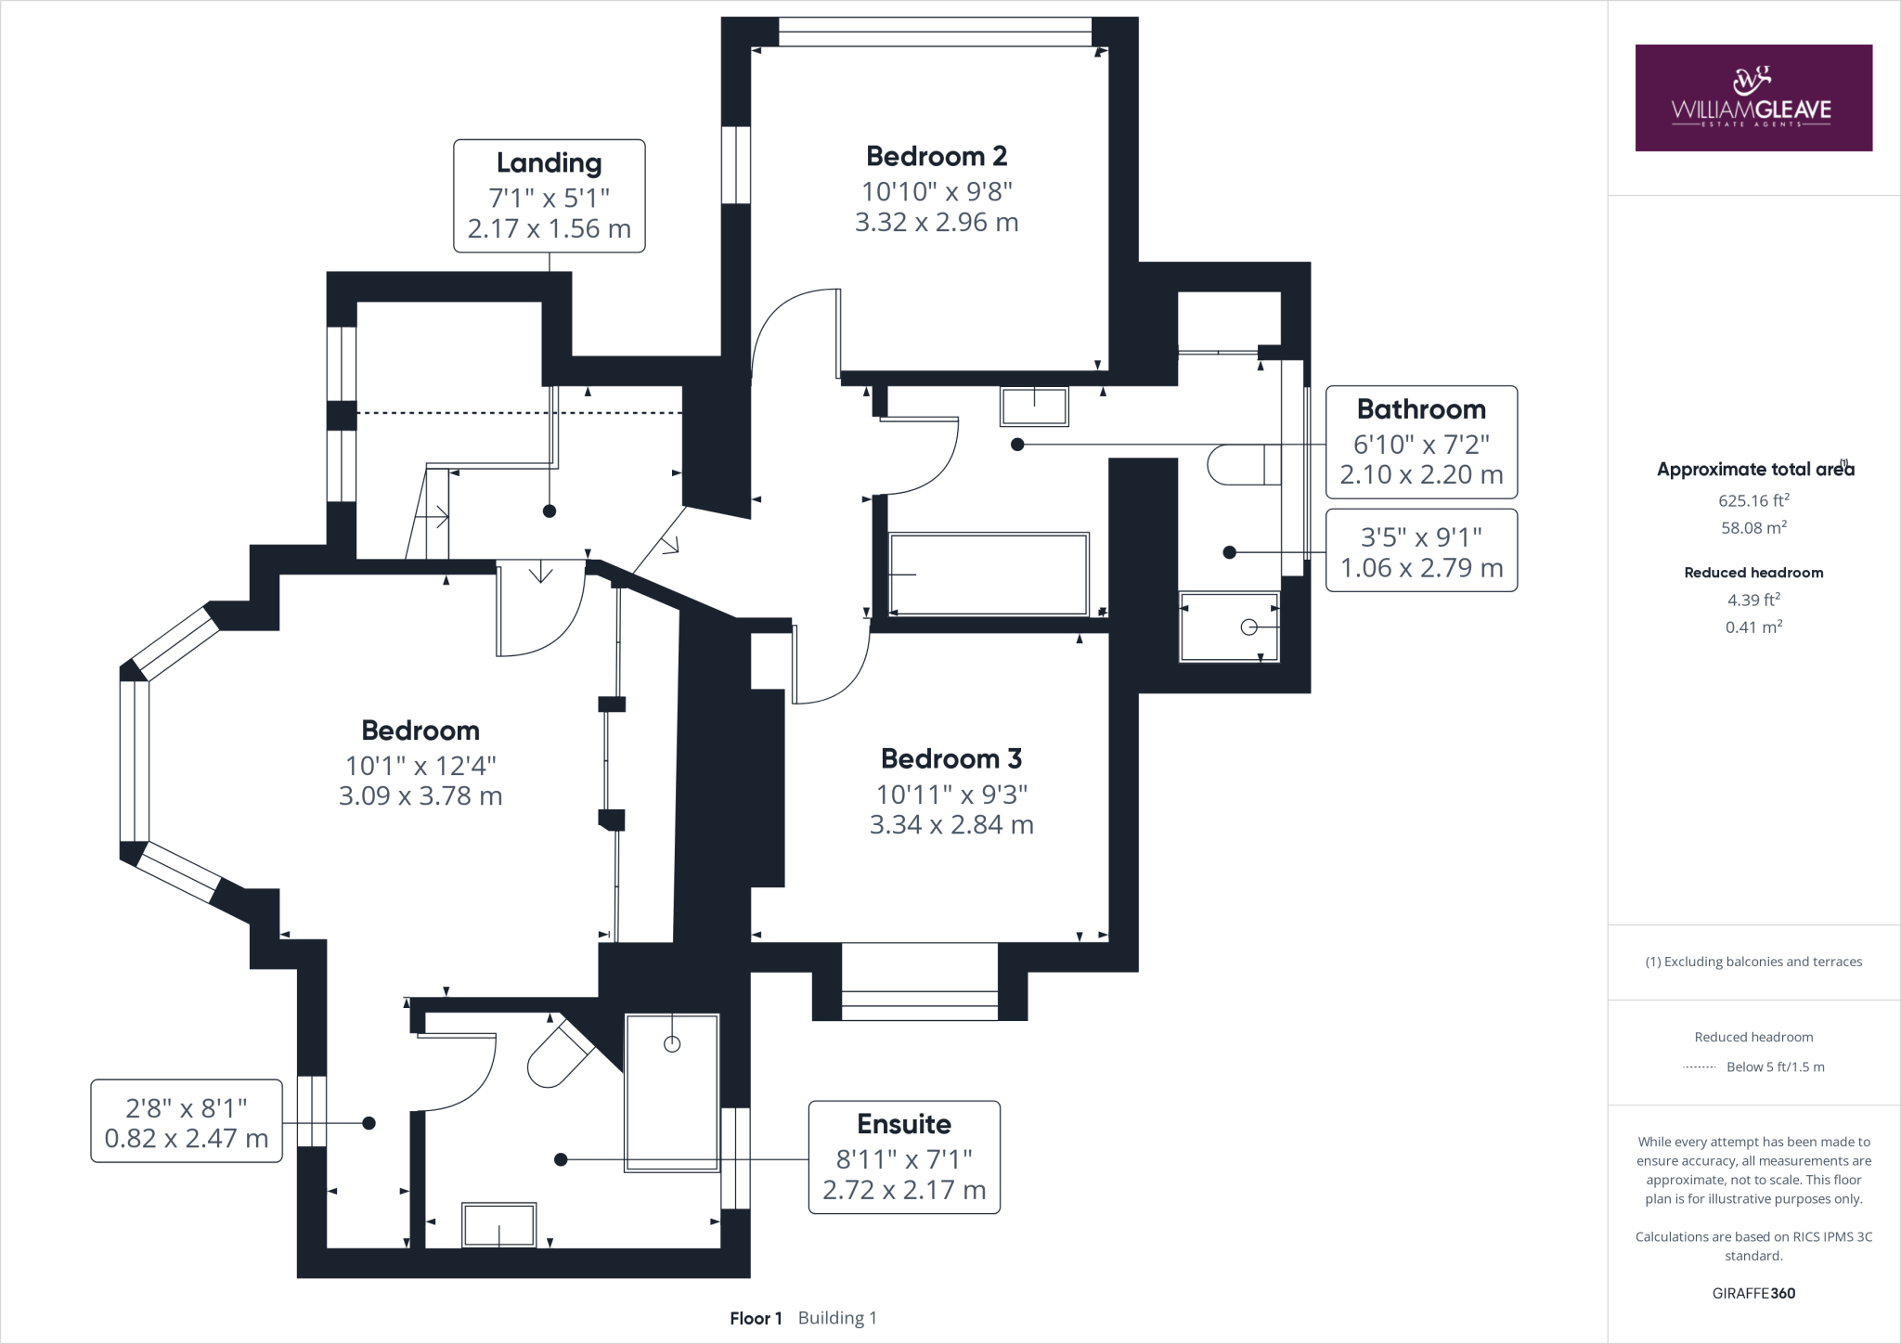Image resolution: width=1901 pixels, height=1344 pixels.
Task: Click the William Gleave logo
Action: click(1753, 97)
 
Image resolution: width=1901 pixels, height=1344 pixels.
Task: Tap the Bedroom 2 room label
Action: click(937, 156)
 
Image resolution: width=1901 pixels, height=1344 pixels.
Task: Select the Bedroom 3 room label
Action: click(951, 758)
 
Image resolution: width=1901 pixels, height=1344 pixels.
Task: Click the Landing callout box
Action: click(550, 196)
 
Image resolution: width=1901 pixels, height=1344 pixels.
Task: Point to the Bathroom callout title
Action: click(1421, 409)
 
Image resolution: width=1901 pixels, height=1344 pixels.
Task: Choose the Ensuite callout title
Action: click(904, 1124)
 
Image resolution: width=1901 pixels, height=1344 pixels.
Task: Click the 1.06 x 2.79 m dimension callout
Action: click(1421, 550)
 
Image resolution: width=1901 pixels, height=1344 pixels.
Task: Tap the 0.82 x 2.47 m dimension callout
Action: click(187, 1121)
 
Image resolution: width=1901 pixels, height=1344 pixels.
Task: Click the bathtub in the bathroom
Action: click(989, 574)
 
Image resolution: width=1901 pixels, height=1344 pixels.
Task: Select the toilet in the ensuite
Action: click(558, 1056)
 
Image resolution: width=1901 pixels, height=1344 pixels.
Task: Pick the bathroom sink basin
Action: click(1034, 407)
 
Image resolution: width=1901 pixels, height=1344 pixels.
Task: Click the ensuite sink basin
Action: click(499, 1225)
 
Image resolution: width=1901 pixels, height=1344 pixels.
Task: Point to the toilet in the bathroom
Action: click(1245, 464)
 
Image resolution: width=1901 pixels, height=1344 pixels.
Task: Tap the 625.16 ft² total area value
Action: click(1753, 500)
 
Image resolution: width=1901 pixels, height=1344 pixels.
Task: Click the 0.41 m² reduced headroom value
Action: click(1753, 627)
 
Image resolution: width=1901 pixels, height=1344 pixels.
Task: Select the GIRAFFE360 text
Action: click(1753, 1293)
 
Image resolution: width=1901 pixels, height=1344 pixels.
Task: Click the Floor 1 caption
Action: click(757, 1318)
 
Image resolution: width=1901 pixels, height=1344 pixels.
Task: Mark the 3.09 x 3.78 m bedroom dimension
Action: click(420, 796)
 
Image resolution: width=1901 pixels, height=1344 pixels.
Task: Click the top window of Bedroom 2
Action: click(935, 32)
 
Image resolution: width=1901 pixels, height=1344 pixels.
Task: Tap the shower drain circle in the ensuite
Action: click(672, 1044)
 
